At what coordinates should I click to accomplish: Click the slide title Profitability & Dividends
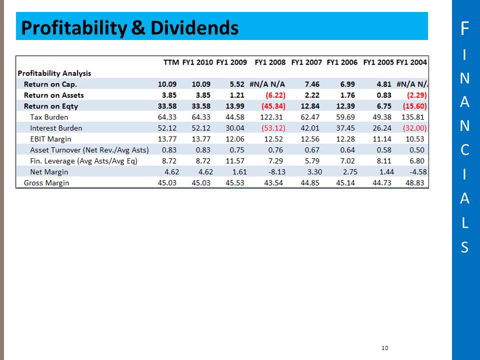129,28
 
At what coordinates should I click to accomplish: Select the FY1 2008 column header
270,62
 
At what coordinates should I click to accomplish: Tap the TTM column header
171,62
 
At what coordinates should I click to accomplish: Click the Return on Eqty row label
51,106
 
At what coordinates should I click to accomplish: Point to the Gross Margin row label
46,183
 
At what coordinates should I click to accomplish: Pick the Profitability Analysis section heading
54,73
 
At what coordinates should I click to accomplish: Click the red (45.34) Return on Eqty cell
273,106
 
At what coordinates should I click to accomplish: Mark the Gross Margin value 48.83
416,183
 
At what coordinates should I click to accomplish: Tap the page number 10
384,348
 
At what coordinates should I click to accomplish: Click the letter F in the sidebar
464,29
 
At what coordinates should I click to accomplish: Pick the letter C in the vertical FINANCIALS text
464,150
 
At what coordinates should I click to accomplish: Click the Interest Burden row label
55,128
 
